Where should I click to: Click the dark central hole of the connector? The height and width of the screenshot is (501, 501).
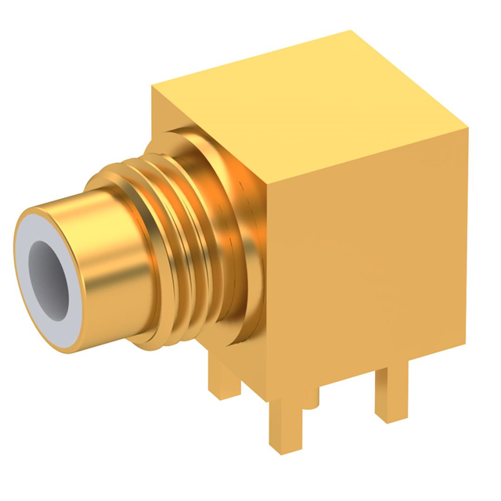click(49, 269)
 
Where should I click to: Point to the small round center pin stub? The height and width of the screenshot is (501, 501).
click(312, 399)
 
